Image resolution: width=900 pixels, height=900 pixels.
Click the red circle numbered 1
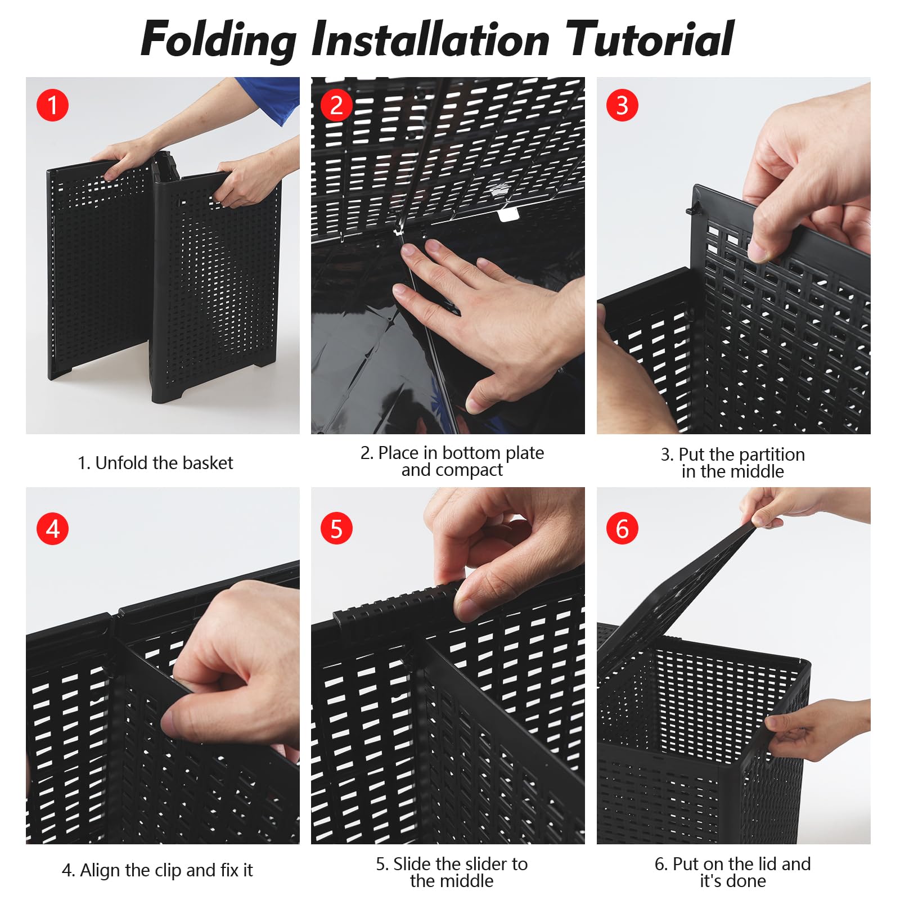(x=52, y=105)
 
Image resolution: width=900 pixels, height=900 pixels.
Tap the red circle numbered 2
(x=336, y=105)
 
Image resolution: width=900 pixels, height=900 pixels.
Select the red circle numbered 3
(x=622, y=105)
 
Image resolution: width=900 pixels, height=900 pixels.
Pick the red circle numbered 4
(x=52, y=529)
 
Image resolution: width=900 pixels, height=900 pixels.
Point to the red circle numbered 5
(x=336, y=529)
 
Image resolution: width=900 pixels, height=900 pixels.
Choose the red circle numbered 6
(x=622, y=529)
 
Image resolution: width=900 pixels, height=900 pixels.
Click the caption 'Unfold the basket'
(x=164, y=463)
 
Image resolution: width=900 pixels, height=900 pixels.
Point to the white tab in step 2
(x=508, y=214)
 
